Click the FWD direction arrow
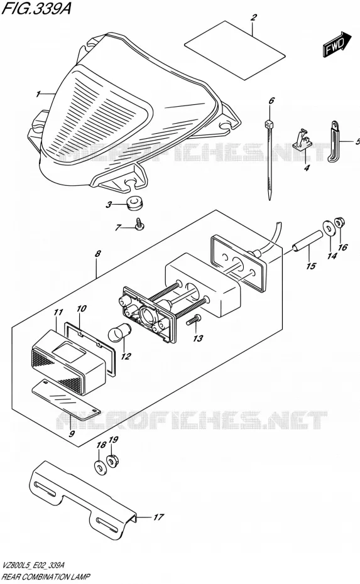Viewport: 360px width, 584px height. click(x=337, y=45)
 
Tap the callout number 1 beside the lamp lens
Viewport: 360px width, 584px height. click(x=38, y=95)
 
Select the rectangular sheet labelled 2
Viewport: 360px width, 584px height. click(x=235, y=50)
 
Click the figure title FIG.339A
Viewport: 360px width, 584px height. click(x=35, y=8)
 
